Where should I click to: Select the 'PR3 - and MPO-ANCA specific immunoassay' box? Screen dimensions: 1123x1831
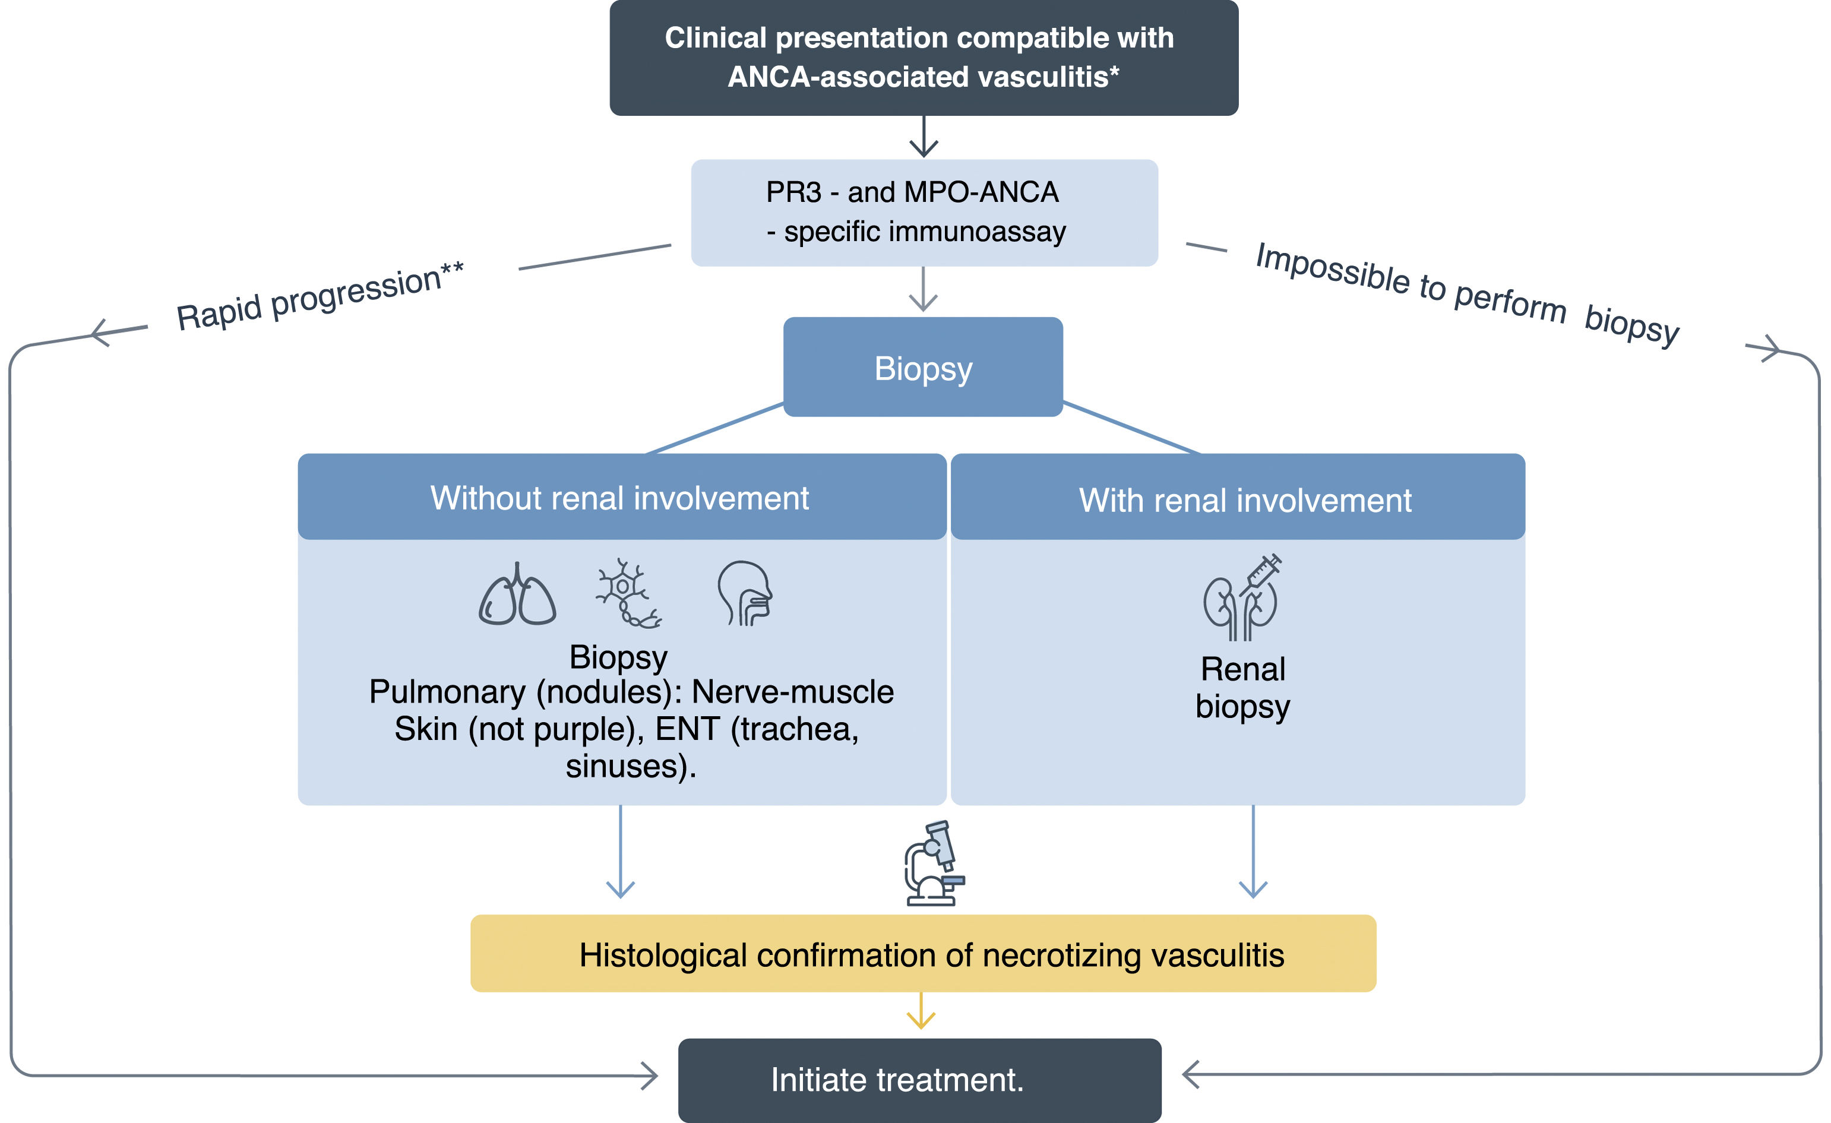click(x=924, y=213)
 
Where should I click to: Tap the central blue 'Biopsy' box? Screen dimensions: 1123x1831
click(x=923, y=368)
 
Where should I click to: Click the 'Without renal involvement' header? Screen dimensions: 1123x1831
click(x=621, y=497)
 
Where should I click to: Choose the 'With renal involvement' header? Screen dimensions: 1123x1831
click(x=1245, y=499)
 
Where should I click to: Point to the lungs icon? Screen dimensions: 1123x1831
click(x=517, y=594)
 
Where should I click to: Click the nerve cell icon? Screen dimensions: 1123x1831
click(x=627, y=593)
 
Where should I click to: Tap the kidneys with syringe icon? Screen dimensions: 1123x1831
click(x=1242, y=597)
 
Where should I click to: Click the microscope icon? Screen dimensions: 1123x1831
click(x=934, y=863)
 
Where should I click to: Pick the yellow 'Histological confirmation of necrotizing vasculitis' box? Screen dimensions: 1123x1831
click(x=923, y=954)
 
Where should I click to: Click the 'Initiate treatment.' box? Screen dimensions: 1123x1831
click(x=919, y=1080)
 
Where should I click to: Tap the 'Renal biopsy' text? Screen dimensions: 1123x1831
click(x=1242, y=688)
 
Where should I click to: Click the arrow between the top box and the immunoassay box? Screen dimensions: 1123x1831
click(x=924, y=138)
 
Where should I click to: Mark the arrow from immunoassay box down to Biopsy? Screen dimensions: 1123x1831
click(x=923, y=290)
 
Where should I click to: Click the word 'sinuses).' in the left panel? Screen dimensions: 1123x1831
click(x=631, y=766)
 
